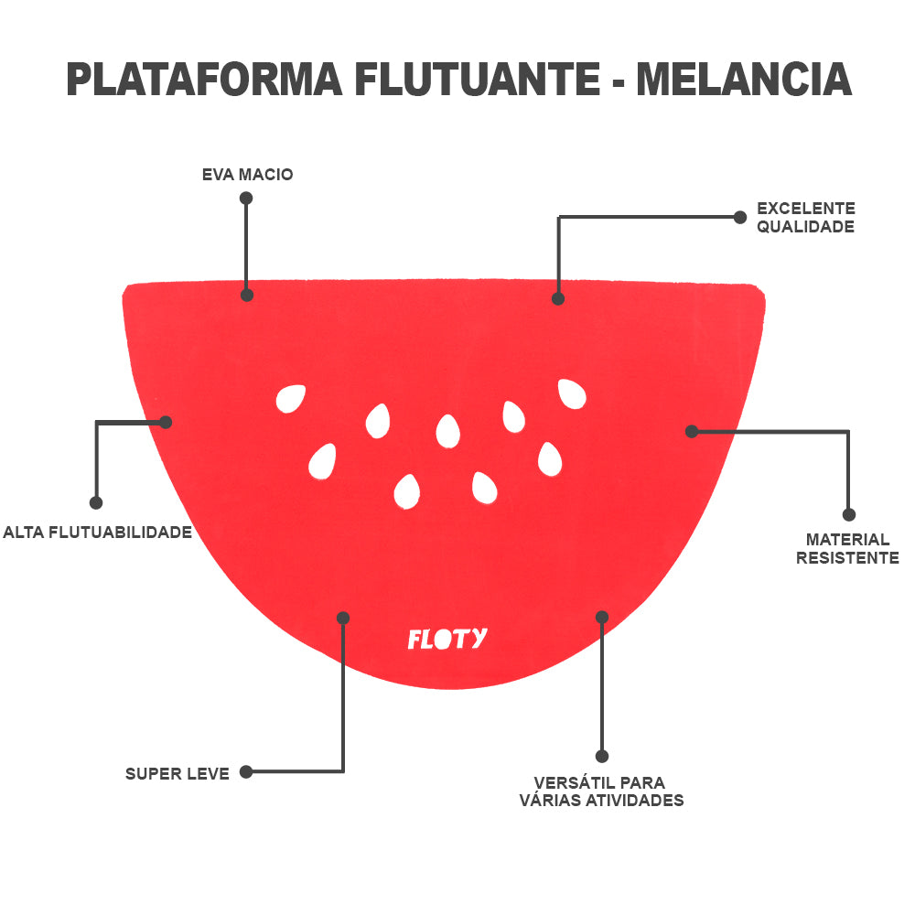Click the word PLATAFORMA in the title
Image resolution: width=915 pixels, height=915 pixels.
tap(204, 80)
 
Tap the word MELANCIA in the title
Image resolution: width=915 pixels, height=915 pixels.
tap(744, 80)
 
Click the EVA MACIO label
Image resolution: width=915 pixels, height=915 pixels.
tap(247, 174)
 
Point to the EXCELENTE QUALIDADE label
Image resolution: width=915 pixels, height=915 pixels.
tap(805, 218)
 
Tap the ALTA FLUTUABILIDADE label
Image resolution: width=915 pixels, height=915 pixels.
tap(97, 532)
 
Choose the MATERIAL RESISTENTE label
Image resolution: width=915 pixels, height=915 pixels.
tap(847, 549)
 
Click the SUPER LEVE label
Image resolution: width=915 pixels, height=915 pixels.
tap(178, 774)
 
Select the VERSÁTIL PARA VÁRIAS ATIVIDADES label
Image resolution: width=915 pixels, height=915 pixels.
tap(601, 791)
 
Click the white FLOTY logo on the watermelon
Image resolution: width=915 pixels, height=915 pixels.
tap(447, 638)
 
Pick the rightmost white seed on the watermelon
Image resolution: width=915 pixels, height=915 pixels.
tap(572, 393)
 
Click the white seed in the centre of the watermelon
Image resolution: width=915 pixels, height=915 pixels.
tap(447, 431)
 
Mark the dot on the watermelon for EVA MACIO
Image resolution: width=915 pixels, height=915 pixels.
tap(247, 295)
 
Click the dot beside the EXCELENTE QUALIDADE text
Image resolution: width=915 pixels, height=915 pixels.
tap(740, 217)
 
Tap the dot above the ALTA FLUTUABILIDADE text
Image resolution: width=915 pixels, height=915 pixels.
tap(96, 502)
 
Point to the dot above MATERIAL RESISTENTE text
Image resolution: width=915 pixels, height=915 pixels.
tap(848, 514)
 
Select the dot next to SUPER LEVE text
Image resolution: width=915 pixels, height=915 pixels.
tap(246, 772)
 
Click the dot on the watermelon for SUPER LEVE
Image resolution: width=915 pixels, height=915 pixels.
tap(343, 618)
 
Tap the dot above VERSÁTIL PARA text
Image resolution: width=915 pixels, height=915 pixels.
tap(601, 756)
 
